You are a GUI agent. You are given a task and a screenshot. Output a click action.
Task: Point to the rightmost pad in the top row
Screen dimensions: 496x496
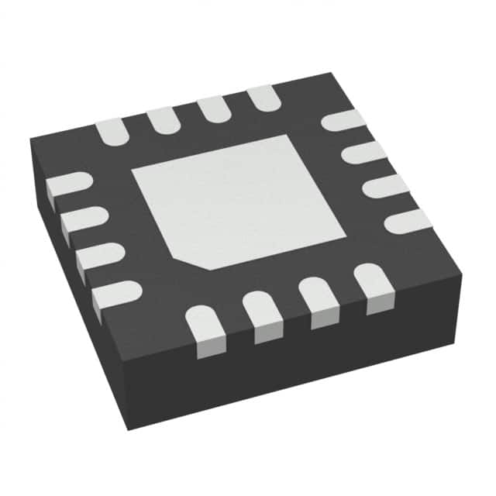click(x=263, y=96)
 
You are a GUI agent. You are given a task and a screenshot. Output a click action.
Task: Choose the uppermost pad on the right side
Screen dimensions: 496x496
click(x=342, y=119)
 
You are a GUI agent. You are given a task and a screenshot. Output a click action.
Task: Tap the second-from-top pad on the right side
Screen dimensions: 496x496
click(x=363, y=151)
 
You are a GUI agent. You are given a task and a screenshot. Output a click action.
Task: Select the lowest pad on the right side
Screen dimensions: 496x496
click(x=408, y=221)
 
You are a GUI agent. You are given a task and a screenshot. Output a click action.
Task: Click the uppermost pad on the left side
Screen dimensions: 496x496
click(x=67, y=187)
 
